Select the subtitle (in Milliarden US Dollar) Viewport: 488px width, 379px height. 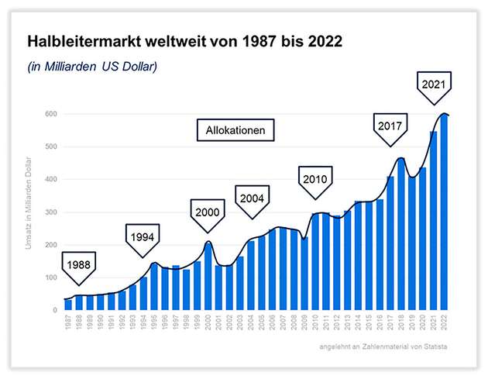92,67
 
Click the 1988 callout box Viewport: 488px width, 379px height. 82,264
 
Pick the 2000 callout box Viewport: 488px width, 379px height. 208,211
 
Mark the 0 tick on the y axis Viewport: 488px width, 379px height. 55,310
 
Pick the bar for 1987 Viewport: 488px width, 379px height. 68,305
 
